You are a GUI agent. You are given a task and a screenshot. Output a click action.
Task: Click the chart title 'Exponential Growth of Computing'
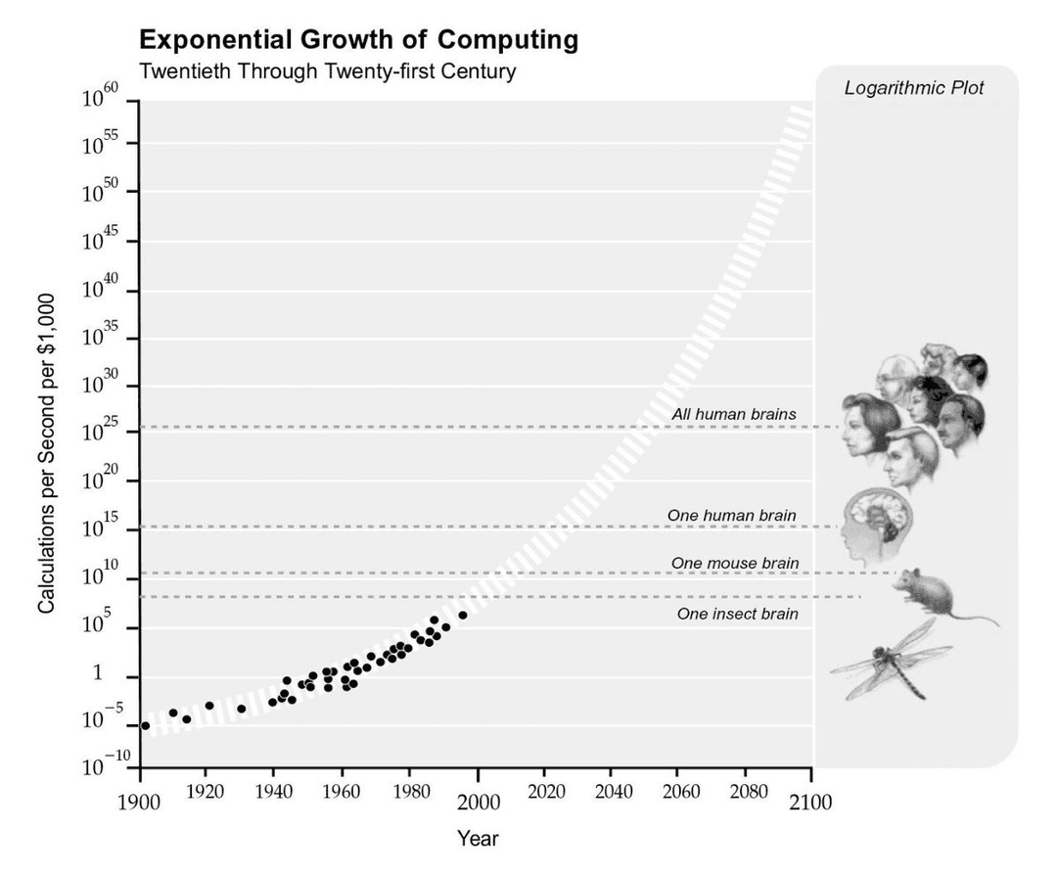point(358,40)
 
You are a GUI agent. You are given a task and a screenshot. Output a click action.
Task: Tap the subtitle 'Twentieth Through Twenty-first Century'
point(327,71)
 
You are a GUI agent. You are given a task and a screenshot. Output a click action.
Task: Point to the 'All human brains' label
point(733,414)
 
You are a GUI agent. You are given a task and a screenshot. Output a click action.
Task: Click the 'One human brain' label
point(731,515)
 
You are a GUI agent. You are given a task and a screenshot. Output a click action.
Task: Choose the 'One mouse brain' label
point(734,563)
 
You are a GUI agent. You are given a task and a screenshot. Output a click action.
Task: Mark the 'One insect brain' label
point(737,615)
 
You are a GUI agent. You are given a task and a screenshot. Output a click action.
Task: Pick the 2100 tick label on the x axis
point(811,804)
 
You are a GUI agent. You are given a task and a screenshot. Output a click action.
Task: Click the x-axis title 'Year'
point(478,839)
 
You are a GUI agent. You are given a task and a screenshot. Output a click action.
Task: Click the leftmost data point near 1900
point(146,725)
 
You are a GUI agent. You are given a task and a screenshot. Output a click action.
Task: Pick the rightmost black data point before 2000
point(463,615)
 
